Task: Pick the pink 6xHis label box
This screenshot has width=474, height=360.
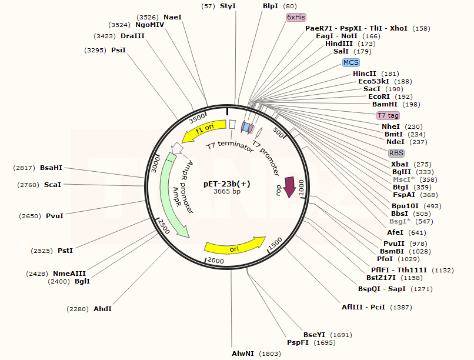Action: click(297, 18)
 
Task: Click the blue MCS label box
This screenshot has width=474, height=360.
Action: click(351, 62)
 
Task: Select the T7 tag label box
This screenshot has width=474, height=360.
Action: click(388, 115)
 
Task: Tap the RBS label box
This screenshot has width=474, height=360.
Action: click(396, 153)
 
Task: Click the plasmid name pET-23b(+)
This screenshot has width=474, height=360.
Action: click(227, 183)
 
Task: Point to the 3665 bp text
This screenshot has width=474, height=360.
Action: click(227, 191)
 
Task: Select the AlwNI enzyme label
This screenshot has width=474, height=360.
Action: click(244, 354)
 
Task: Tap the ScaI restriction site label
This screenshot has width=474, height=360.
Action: click(52, 185)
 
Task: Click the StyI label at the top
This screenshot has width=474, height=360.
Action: click(228, 6)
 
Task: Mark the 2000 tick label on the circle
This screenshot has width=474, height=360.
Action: click(216, 261)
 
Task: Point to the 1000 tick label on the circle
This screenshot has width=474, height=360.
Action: click(301, 188)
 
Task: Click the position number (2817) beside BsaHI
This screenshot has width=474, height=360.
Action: click(24, 168)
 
